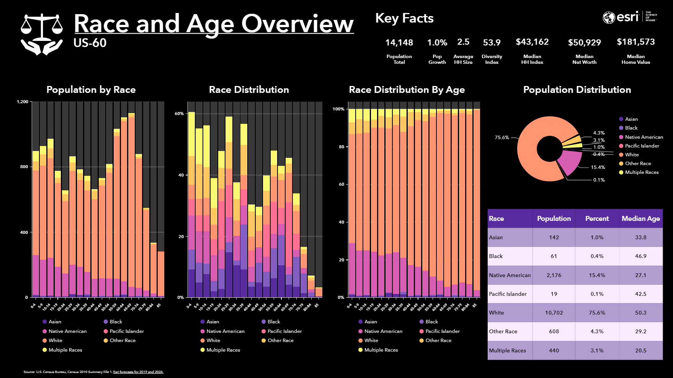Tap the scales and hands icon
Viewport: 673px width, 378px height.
click(x=42, y=34)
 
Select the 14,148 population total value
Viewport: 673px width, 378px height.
click(x=399, y=42)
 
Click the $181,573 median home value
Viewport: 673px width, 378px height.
click(x=635, y=42)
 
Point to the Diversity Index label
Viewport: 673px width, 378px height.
click(x=492, y=59)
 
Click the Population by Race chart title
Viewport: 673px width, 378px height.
click(x=91, y=90)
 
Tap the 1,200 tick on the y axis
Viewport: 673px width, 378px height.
click(x=23, y=102)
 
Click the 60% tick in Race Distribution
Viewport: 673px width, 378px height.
click(x=179, y=114)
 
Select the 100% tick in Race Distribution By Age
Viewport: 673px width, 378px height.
click(x=338, y=109)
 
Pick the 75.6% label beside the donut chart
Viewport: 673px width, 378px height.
click(x=501, y=138)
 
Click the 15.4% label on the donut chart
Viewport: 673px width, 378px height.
click(x=598, y=167)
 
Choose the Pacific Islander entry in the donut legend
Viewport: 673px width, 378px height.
click(x=642, y=146)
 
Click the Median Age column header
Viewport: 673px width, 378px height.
click(x=640, y=219)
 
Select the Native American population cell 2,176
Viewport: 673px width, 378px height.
click(x=554, y=275)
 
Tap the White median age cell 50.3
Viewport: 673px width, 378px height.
click(x=640, y=313)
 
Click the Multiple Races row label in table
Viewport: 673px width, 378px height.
click(x=507, y=350)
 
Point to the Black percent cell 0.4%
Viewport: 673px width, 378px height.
click(x=597, y=256)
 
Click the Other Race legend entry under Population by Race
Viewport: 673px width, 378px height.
click(x=122, y=341)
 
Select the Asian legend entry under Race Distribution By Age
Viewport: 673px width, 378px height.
click(x=370, y=322)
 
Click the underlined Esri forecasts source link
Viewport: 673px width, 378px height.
click(x=138, y=372)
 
